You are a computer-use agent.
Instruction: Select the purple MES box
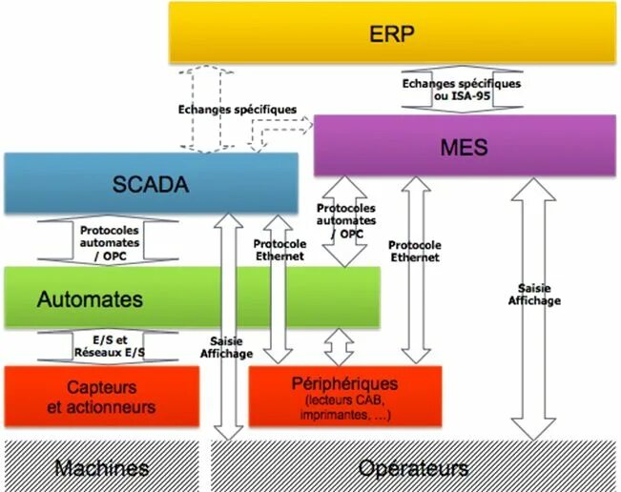[x=464, y=147]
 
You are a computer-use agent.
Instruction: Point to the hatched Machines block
[x=101, y=467]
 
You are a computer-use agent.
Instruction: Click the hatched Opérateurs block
[x=412, y=467]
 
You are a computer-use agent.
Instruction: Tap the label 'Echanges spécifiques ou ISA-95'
[x=462, y=90]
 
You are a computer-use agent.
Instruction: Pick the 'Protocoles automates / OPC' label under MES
[x=345, y=221]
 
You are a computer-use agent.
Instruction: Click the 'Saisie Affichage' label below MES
[x=539, y=294]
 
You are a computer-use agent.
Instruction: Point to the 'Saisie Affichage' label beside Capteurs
[x=226, y=347]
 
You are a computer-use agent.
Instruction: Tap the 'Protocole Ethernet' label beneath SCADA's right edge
[x=279, y=250]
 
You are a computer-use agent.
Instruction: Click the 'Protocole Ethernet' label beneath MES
[x=415, y=251]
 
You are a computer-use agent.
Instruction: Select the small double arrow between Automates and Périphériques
[x=339, y=347]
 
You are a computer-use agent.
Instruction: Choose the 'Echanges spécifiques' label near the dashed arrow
[x=238, y=110]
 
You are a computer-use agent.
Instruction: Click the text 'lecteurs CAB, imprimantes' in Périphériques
[x=344, y=407]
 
